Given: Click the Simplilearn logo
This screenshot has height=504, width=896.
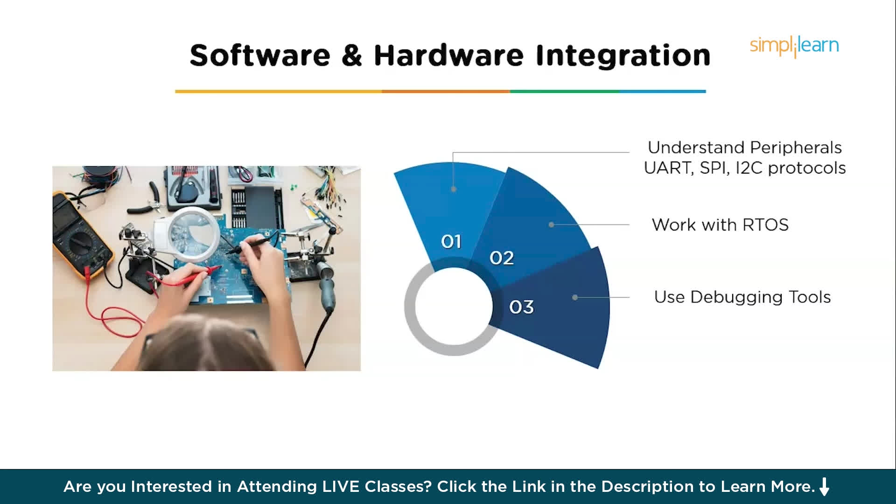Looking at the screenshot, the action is (794, 46).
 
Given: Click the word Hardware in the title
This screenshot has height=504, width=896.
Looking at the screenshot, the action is (448, 56).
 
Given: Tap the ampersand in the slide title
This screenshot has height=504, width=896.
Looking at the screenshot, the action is (351, 56).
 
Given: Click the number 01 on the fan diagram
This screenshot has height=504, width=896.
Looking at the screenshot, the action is (451, 242).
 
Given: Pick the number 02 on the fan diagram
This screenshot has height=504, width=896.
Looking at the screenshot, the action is (502, 258).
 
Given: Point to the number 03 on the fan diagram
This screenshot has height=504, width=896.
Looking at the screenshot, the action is (521, 307).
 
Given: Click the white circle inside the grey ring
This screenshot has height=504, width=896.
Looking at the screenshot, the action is (454, 307).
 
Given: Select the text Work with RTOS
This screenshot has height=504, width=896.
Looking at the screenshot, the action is (720, 225).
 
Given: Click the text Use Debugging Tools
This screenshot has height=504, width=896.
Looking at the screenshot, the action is (742, 297).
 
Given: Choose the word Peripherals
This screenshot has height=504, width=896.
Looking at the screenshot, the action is (796, 147).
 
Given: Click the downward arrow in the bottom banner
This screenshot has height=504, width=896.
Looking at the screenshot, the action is (825, 487).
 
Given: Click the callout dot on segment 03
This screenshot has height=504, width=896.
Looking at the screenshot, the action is (575, 297).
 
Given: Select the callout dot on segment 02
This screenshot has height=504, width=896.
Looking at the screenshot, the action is (551, 224).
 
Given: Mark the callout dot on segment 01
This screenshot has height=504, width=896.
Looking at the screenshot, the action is (453, 189).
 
